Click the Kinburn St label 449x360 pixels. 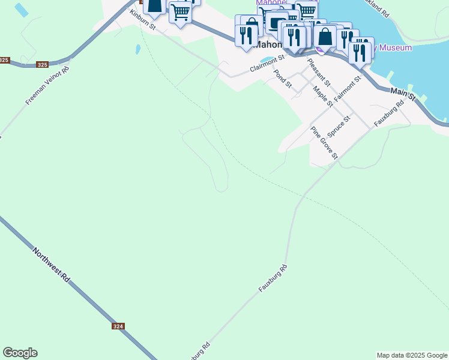pos(142,23)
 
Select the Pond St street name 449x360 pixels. pos(282,79)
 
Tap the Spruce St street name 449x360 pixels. pos(339,127)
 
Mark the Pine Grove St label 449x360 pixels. pos(324,143)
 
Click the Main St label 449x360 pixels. pos(403,94)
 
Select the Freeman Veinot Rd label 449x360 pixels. pos(47,86)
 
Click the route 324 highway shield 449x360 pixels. pos(118,326)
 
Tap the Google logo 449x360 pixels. pos(20,353)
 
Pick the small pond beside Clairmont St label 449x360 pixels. pos(270,59)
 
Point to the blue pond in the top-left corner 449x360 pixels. pos(21,10)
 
